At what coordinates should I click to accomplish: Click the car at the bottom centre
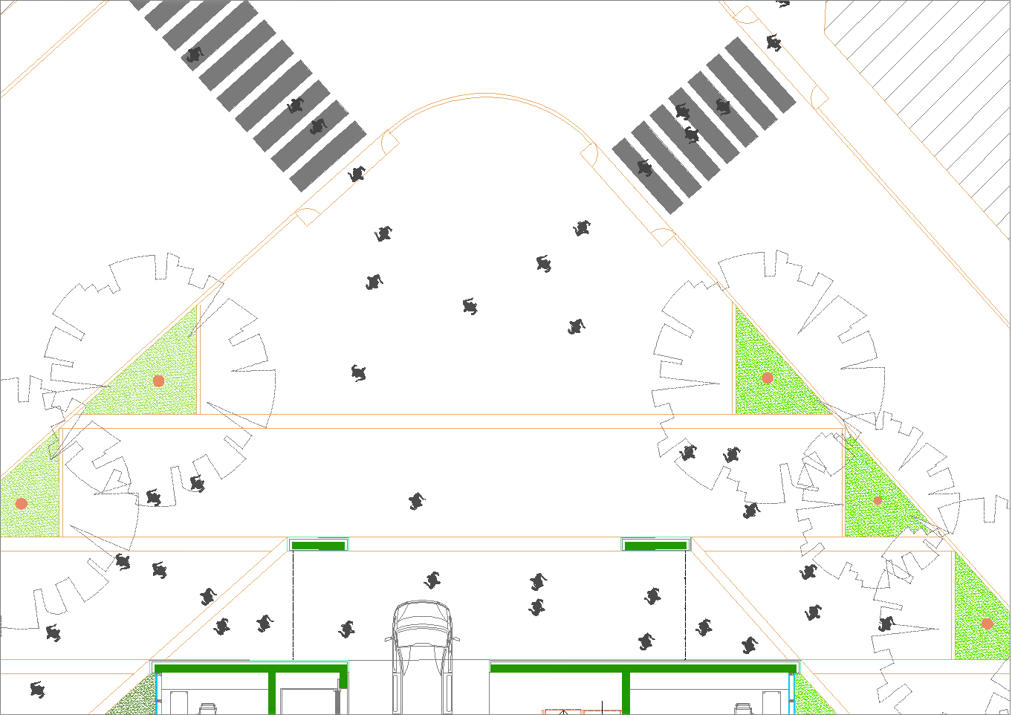click(421, 654)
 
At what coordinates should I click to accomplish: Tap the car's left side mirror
click(389, 638)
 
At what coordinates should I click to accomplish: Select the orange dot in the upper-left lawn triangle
click(158, 381)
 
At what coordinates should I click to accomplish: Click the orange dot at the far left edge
click(22, 503)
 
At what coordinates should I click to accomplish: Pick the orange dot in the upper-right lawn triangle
click(768, 378)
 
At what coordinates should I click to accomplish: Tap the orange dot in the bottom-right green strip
click(987, 624)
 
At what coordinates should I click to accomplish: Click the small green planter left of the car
click(318, 546)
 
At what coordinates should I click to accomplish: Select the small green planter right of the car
click(655, 546)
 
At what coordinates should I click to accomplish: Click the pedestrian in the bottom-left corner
click(37, 689)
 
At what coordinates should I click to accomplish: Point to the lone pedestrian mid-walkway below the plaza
click(417, 502)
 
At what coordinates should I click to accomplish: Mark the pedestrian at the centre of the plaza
click(470, 306)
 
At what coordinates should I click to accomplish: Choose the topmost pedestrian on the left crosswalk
click(195, 54)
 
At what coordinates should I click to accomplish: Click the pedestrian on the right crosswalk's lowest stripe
click(644, 168)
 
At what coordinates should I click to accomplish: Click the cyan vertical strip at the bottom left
click(158, 691)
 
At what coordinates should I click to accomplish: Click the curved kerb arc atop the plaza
click(484, 96)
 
